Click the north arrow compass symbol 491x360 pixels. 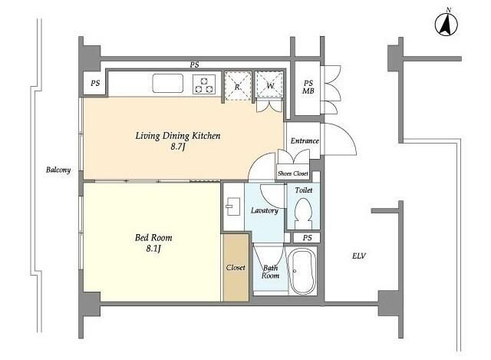tap(447, 24)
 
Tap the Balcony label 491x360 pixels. tap(58, 170)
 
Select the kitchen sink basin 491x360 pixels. tap(167, 83)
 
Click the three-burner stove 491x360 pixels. tap(204, 84)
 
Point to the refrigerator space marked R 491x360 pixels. tap(238, 86)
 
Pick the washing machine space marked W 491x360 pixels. tap(269, 85)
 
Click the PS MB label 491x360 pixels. tap(308, 87)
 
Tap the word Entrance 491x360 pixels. tap(305, 140)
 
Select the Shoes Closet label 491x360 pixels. tap(293, 173)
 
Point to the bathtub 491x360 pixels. tap(302, 271)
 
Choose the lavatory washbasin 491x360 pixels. tap(232, 206)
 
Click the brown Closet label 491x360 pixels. tap(236, 268)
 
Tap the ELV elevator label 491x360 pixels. tap(359, 256)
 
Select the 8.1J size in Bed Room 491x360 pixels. tap(153, 249)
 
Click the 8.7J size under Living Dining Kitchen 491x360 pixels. tap(178, 147)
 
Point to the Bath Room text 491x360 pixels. tap(270, 272)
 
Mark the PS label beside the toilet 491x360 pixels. tap(307, 238)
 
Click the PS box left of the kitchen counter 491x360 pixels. tap(95, 84)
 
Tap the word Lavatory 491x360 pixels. tap(265, 210)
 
